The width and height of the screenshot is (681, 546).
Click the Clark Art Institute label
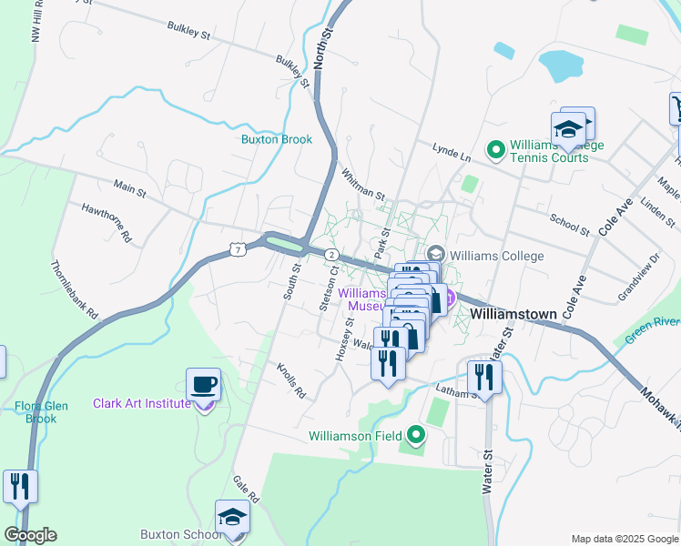pyautogui.click(x=141, y=403)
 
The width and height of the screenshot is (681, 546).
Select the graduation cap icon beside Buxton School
pyautogui.click(x=232, y=518)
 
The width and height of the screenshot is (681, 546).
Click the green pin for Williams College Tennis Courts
pyautogui.click(x=496, y=148)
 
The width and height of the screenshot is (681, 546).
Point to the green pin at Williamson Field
pyautogui.click(x=416, y=436)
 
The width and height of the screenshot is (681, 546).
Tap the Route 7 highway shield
pyautogui.click(x=237, y=248)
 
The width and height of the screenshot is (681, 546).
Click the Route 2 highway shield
pyautogui.click(x=332, y=255)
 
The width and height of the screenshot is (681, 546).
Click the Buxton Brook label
pyautogui.click(x=276, y=139)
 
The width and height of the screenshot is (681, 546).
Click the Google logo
pyautogui.click(x=30, y=535)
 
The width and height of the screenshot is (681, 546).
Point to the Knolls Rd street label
pyautogui.click(x=291, y=382)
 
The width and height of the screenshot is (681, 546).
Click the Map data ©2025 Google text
pyautogui.click(x=624, y=539)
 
